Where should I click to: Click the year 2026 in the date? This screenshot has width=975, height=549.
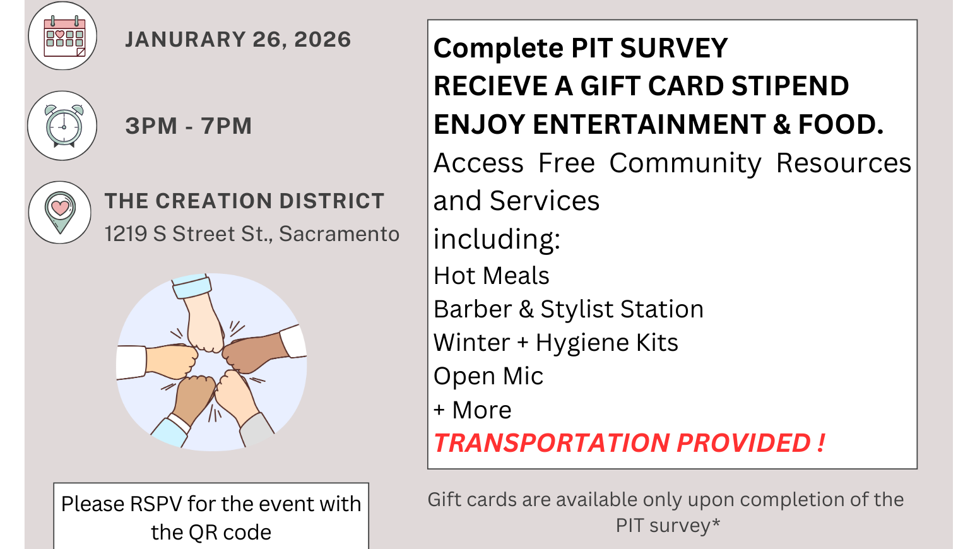pos(322,39)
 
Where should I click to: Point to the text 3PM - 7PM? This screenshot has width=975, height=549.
pos(189,126)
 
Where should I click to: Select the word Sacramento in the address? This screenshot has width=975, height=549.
pos(339,233)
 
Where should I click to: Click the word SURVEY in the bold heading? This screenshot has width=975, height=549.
pos(674,48)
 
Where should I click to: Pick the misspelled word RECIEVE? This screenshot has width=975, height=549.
pos(490,86)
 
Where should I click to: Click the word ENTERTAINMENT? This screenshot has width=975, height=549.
pos(649,124)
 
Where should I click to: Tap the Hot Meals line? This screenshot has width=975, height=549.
pos(492,276)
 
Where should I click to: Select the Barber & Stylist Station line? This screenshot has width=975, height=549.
pos(569,309)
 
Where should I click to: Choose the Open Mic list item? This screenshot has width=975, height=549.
pos(488,376)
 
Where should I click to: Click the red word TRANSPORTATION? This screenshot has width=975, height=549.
pos(551,443)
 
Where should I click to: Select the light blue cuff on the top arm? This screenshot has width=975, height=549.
pos(192,286)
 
